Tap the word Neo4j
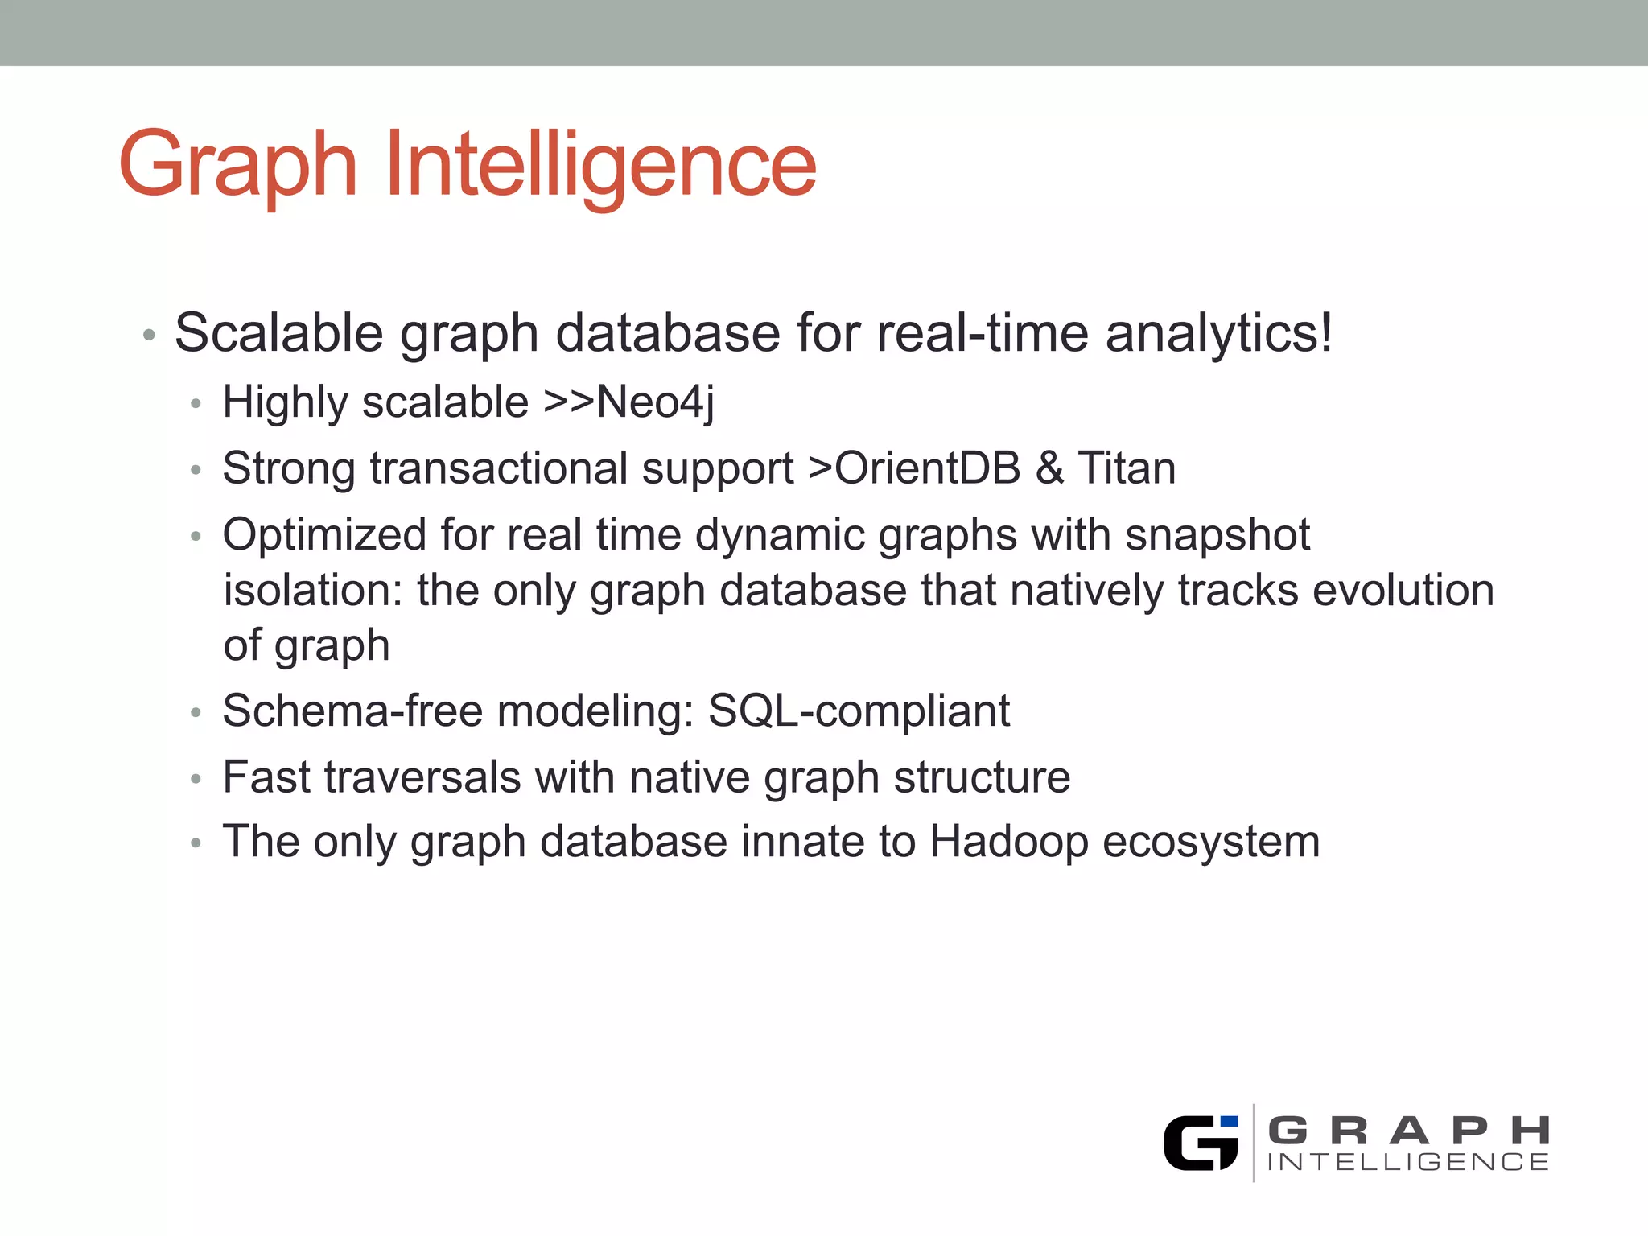pos(655,402)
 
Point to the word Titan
pos(1127,468)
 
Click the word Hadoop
pos(1009,842)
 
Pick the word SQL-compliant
pos(859,711)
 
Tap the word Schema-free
pos(352,711)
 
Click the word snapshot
pos(1217,535)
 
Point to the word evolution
pos(1403,591)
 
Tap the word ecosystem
pos(1211,842)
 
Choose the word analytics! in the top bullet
pos(1219,333)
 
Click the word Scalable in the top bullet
pos(278,333)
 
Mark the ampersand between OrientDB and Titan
pos(1049,468)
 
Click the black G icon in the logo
pos(1197,1143)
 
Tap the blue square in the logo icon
pos(1229,1122)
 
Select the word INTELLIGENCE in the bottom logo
pos(1408,1162)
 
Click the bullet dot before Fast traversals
pos(196,779)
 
